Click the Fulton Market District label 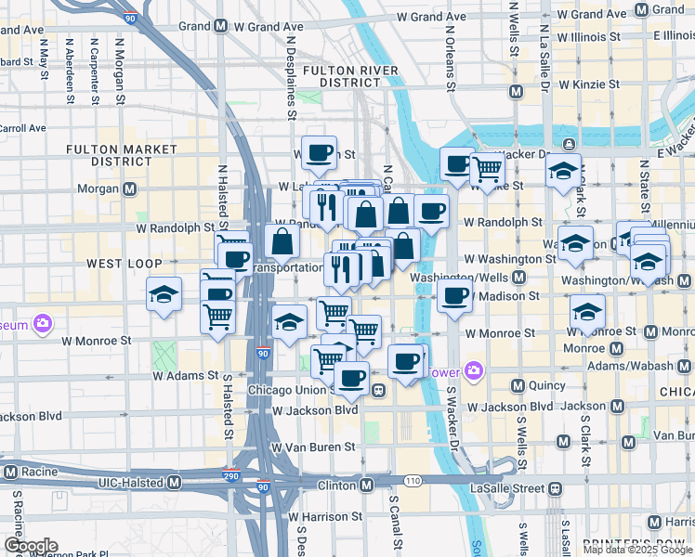(x=122, y=155)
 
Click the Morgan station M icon (x=129, y=189)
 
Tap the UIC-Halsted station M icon (x=174, y=483)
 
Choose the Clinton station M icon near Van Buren (x=367, y=485)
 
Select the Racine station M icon (x=13, y=472)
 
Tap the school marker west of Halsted (x=164, y=296)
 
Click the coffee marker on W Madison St (x=453, y=296)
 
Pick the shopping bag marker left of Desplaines (x=282, y=241)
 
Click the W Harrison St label (x=325, y=516)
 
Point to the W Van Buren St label (x=313, y=447)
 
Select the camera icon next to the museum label (x=42, y=324)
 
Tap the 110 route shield (x=413, y=480)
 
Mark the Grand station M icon (x=220, y=27)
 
